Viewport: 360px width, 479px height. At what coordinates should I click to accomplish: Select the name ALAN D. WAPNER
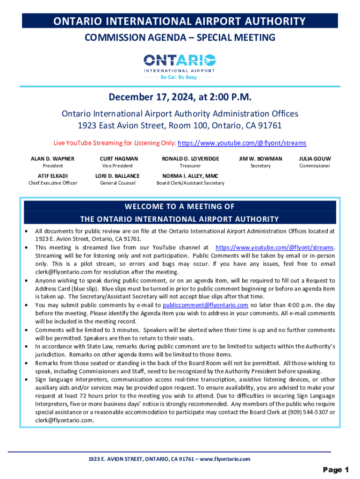[x=52, y=159]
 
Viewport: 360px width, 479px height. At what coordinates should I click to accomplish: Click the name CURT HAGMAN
[x=119, y=159]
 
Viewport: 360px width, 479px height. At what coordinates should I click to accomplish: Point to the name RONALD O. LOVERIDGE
[x=190, y=159]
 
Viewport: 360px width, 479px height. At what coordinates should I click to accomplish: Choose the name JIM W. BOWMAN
[x=260, y=159]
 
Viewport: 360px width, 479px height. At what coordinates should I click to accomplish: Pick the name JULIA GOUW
[x=315, y=159]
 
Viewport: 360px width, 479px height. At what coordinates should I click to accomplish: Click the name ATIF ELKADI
[x=52, y=176]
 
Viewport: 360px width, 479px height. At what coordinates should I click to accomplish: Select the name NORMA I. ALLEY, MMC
[x=190, y=176]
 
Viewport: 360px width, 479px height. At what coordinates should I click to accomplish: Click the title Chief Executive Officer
[x=52, y=183]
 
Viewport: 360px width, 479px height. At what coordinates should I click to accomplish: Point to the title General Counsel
[x=117, y=183]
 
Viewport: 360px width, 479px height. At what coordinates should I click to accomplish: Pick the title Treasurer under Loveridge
[x=190, y=166]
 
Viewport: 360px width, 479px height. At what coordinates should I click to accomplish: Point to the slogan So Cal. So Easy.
[x=180, y=77]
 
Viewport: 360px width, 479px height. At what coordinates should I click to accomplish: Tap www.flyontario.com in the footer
[x=225, y=459]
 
